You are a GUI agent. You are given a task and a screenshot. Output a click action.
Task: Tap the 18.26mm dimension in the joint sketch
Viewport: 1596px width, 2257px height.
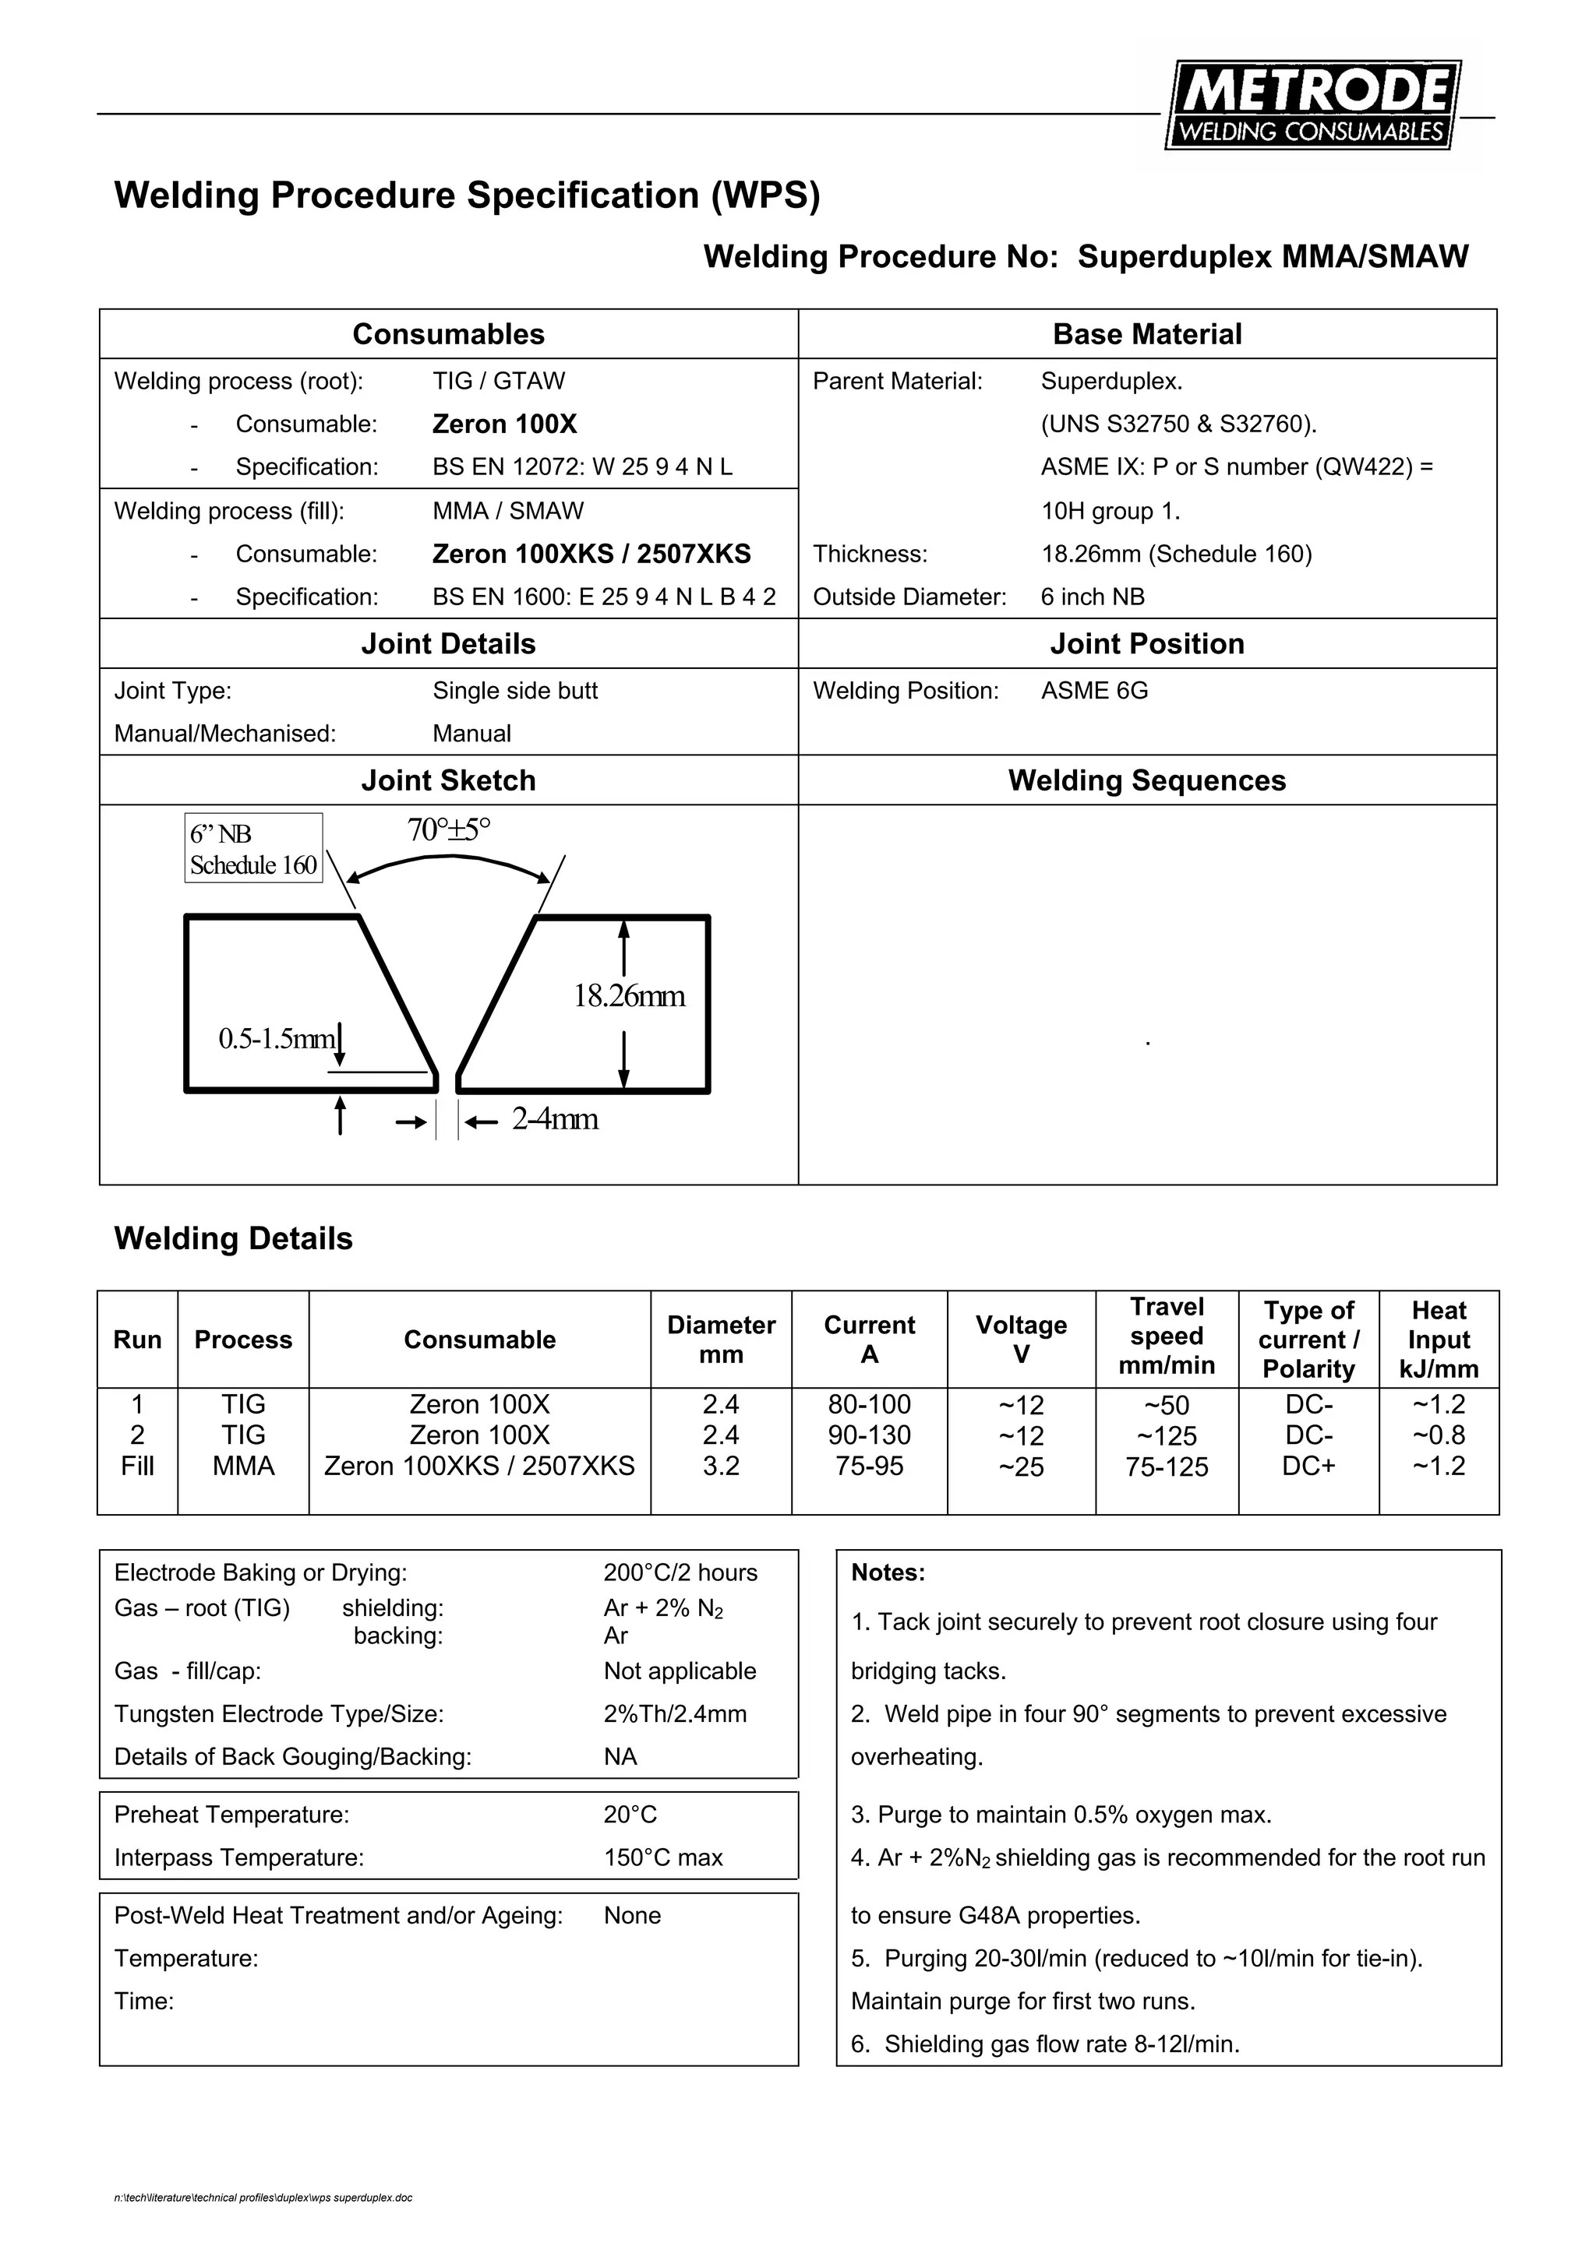coord(630,996)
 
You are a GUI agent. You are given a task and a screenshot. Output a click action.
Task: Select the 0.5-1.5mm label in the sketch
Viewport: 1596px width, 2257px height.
coord(277,1038)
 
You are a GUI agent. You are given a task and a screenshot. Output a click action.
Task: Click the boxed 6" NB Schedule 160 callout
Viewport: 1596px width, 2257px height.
coord(254,848)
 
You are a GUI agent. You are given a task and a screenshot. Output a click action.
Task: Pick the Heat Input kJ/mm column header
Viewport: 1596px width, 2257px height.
coord(1438,1339)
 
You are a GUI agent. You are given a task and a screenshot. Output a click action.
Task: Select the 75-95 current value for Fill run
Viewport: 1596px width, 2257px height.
coord(868,1466)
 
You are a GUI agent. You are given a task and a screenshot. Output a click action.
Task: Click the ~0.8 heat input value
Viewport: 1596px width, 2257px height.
coord(1438,1435)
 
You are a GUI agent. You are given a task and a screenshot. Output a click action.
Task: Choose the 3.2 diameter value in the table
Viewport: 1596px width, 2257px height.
coord(721,1466)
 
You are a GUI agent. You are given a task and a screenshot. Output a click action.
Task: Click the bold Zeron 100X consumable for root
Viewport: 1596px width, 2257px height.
coord(504,424)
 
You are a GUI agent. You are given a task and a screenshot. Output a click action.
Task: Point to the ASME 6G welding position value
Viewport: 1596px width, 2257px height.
coord(1094,691)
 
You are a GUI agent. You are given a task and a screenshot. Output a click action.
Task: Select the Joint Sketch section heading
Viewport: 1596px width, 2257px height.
coord(448,780)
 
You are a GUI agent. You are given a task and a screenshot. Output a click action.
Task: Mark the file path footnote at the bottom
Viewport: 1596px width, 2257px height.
coord(263,2198)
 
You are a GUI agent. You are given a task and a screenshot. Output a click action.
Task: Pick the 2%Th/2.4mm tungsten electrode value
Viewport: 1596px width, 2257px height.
coord(675,1713)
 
